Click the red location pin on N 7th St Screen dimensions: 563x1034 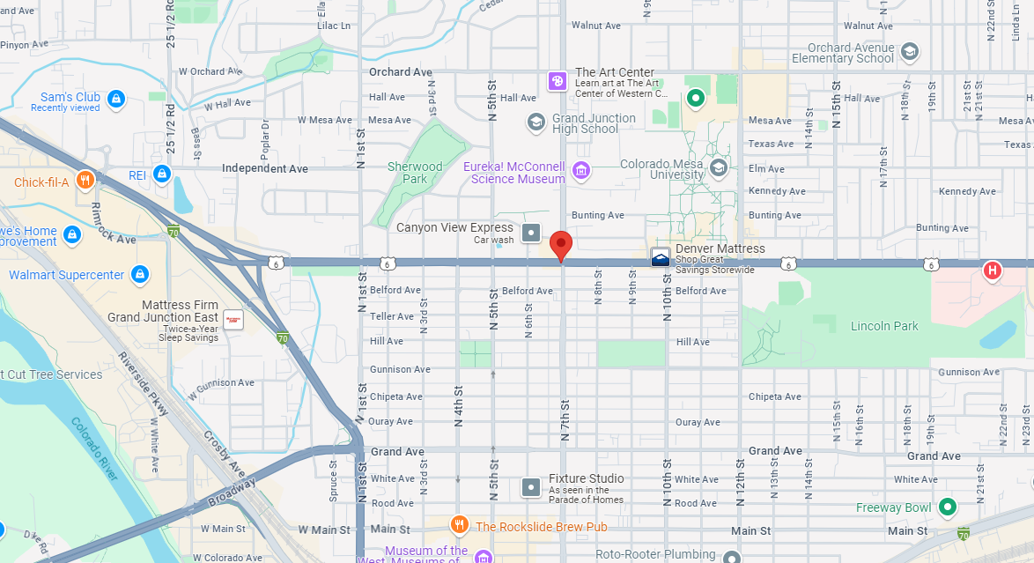(x=561, y=244)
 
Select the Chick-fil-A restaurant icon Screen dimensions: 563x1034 (x=85, y=181)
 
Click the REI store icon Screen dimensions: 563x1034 (x=161, y=174)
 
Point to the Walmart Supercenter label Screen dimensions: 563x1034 (x=67, y=275)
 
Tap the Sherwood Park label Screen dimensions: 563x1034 (x=415, y=173)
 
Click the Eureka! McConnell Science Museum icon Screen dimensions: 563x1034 (x=580, y=170)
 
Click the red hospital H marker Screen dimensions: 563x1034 (x=993, y=270)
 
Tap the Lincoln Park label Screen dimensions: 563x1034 (x=884, y=326)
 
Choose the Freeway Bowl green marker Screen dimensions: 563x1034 (x=947, y=507)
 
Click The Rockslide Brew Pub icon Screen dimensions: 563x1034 (x=459, y=526)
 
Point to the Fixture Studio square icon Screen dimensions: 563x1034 (x=531, y=486)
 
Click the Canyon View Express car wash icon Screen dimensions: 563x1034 (x=531, y=233)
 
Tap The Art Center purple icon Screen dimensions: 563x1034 (x=558, y=81)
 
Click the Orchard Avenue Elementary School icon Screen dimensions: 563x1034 (x=910, y=52)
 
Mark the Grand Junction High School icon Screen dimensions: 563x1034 (x=535, y=122)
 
